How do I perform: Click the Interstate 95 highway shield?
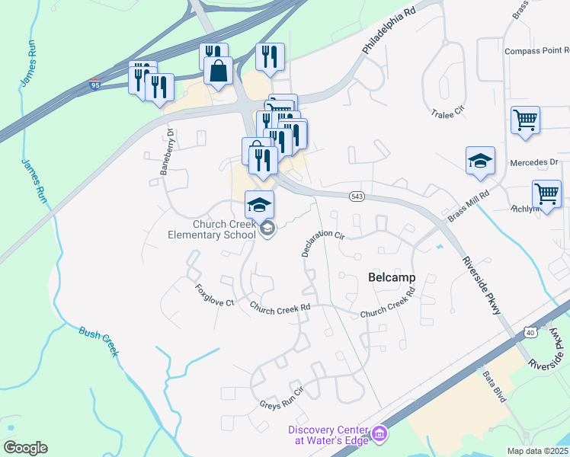94,83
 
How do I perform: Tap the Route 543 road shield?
357,197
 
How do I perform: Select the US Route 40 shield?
530,332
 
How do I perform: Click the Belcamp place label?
392,277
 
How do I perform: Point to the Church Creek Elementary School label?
213,229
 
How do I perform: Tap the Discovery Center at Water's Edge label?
328,435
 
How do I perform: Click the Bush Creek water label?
99,340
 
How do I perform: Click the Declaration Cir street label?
322,240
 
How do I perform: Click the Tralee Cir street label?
447,113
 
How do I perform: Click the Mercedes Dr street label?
534,162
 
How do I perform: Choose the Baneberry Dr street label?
167,152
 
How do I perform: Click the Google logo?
25,447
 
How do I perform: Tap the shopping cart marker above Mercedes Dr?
525,120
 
